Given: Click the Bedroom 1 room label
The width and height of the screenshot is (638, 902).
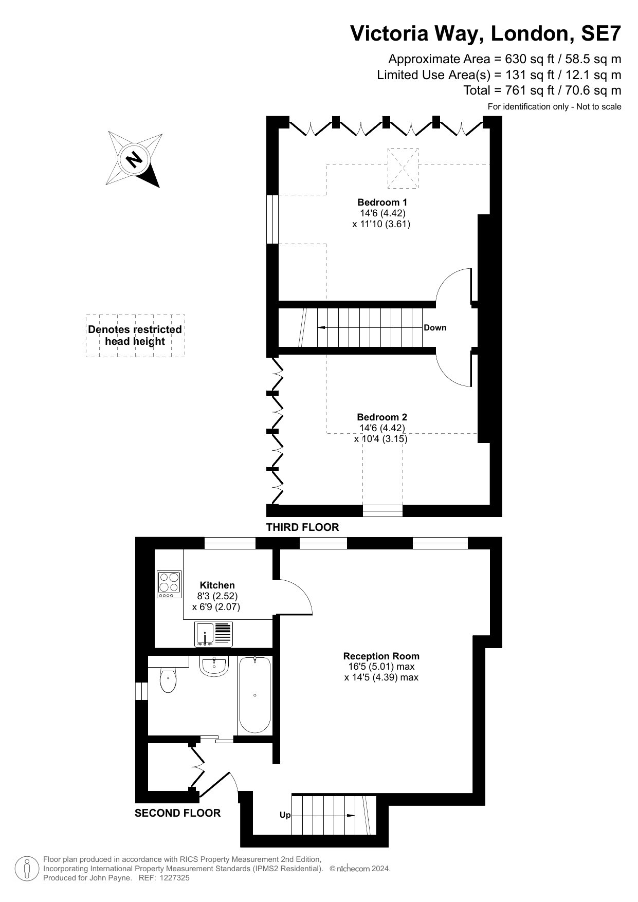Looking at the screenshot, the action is click(x=382, y=202).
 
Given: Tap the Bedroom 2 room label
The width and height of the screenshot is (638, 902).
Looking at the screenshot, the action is click(x=382, y=417).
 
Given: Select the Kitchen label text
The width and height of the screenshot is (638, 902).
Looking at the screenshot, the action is click(x=217, y=585).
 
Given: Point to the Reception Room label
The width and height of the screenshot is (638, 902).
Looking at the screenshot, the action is click(x=381, y=656).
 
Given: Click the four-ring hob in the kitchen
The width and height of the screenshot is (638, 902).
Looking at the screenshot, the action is click(x=170, y=585).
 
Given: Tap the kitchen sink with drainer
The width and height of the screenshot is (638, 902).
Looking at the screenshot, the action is click(x=213, y=634).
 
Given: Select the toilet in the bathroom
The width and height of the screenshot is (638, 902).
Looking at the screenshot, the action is click(x=168, y=680).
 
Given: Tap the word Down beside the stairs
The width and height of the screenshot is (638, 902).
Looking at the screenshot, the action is click(x=435, y=327).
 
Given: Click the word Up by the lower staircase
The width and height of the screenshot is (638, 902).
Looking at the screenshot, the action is click(x=285, y=815).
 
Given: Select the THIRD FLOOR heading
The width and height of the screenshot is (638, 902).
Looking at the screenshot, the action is click(x=302, y=527).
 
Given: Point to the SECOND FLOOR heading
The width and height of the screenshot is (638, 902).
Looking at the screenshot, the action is click(x=177, y=813).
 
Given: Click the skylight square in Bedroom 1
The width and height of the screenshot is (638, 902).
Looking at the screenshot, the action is click(x=403, y=168).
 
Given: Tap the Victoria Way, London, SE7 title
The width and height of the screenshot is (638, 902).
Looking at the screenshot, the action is click(x=486, y=33).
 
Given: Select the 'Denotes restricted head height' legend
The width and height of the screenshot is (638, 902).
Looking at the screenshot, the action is click(x=135, y=336).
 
